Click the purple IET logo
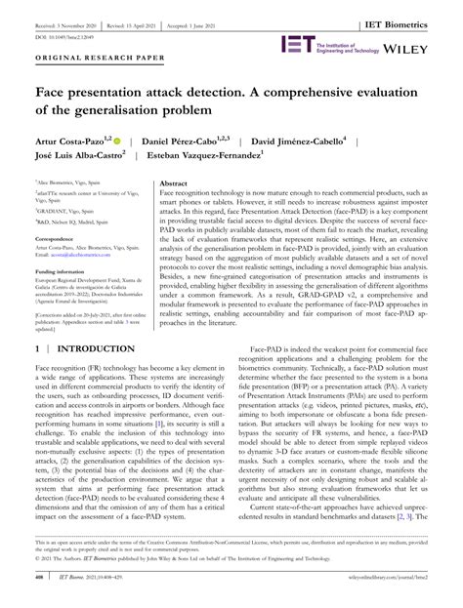coord(297,43)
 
